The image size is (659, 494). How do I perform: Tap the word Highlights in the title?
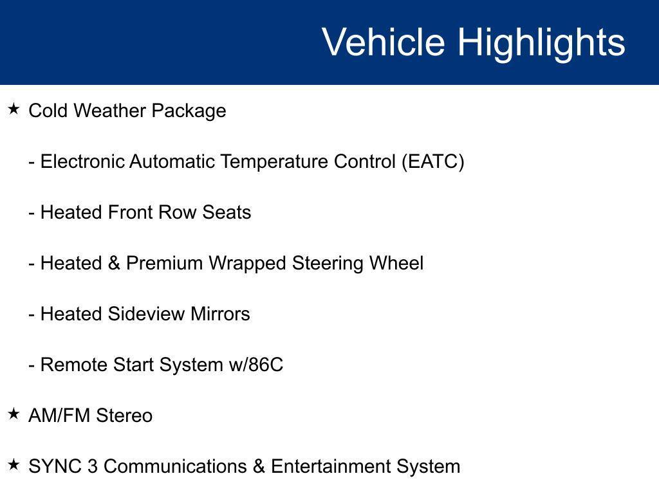541,42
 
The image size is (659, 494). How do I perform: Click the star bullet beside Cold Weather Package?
14,109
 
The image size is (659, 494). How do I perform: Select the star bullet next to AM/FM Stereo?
14,414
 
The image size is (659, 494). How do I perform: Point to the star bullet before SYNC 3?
14,465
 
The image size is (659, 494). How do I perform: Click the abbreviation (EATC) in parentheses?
432,161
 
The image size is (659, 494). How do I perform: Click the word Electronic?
82,161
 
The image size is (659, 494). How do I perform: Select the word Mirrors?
220,314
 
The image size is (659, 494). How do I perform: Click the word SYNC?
55,466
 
